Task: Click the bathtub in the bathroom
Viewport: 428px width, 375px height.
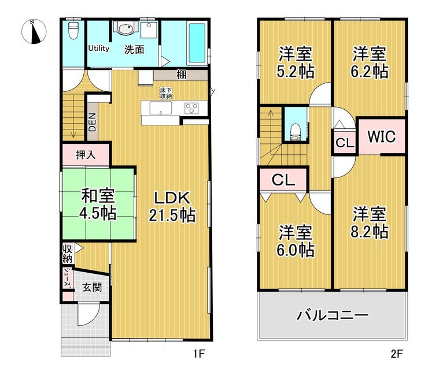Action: coord(197,44)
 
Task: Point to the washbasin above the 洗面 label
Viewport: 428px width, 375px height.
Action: coord(124,29)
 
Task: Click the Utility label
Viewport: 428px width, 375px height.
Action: coord(99,49)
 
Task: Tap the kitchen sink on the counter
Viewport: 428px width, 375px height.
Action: coord(158,108)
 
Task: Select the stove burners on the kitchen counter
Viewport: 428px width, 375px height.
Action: coord(191,108)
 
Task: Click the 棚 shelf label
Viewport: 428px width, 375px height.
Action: coord(181,75)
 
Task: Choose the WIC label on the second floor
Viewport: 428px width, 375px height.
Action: coord(381,136)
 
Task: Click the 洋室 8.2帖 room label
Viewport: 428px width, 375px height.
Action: coord(370,223)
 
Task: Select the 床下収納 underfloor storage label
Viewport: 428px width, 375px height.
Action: coord(166,92)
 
